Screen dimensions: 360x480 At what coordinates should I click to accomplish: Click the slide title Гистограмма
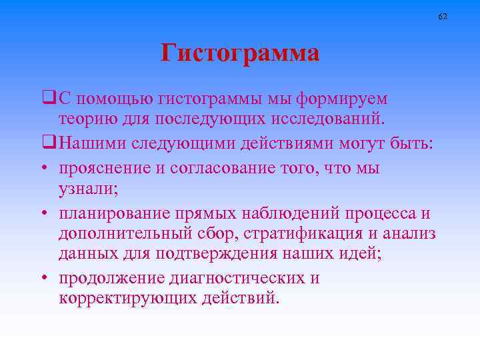[x=240, y=53]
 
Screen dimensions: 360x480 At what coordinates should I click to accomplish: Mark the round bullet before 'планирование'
[x=50, y=213]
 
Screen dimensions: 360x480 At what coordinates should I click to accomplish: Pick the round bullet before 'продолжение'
[x=50, y=278]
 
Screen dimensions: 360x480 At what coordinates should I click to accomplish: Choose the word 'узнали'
[x=87, y=190]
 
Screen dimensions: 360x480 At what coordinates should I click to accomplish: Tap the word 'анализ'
[x=411, y=235]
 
